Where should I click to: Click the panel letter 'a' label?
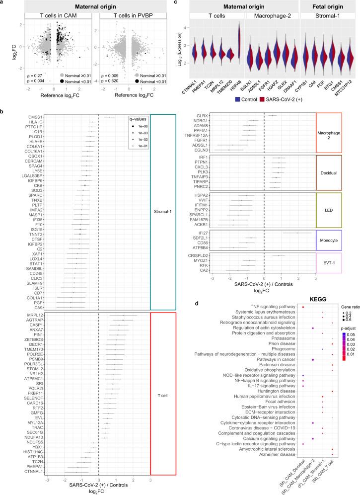[3, 3]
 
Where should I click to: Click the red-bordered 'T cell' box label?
[161, 394]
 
